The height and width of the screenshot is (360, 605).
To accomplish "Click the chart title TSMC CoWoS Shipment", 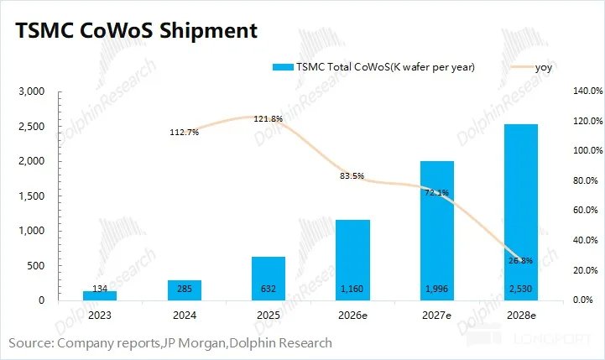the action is coord(136,30).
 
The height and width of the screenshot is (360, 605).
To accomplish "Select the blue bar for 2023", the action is coord(100,295).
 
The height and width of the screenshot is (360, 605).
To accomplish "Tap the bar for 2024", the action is coord(185,290).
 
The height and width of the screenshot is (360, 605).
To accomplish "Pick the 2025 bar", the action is coord(269,279).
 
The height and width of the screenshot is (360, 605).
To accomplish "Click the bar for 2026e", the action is coord(352,260).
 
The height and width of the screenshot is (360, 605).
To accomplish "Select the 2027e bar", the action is coord(437,231).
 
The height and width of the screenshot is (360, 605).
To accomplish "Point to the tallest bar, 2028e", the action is coord(521,212).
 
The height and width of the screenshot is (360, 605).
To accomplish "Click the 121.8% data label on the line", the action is coord(269,119).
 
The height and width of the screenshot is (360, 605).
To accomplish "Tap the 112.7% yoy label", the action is coord(185,133).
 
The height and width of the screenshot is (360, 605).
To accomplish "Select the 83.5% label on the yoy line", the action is coord(352,176).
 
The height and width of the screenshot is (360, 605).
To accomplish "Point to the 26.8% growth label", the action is coord(520,260).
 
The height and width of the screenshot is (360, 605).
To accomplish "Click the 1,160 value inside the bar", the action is coord(352,289).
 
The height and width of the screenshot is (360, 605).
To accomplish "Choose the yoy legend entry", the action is coord(531,67).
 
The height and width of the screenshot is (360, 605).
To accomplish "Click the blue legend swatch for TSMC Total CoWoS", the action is coord(283,67).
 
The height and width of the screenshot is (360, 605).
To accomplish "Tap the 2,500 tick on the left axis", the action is coord(32,127).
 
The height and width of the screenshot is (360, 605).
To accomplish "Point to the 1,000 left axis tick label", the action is coord(32,231).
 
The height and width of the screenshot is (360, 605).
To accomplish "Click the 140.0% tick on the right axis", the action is coord(588,91).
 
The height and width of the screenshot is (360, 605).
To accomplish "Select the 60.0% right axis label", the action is coord(586,210).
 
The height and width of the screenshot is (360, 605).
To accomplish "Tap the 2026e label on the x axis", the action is coord(352,316).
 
